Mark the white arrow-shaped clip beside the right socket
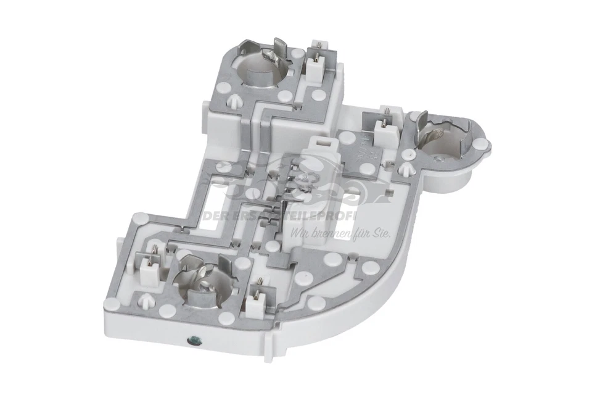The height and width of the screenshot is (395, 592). click(406, 168)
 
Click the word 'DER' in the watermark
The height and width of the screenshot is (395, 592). click(217, 217)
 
